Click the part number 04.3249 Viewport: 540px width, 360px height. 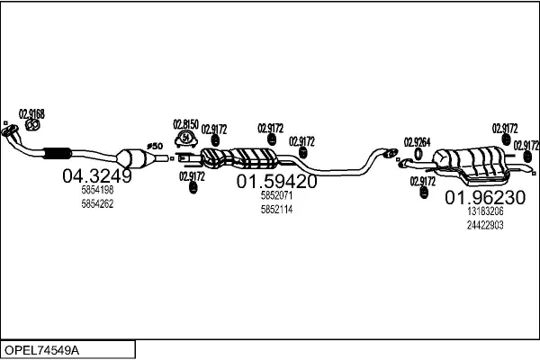(x=96, y=177)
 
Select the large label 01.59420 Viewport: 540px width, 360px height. (x=277, y=181)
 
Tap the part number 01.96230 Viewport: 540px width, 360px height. (x=486, y=197)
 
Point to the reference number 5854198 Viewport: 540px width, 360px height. (x=97, y=191)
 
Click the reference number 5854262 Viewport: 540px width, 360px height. (x=97, y=204)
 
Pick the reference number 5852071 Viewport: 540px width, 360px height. (x=276, y=195)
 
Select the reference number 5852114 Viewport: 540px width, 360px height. (x=276, y=209)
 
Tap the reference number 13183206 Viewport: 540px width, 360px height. (x=485, y=211)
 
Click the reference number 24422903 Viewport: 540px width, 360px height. (x=485, y=225)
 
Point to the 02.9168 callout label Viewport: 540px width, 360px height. (x=31, y=112)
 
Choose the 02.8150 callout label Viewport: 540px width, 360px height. (x=184, y=123)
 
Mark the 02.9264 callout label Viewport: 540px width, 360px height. (x=417, y=141)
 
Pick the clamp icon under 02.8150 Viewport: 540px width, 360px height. (x=184, y=139)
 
